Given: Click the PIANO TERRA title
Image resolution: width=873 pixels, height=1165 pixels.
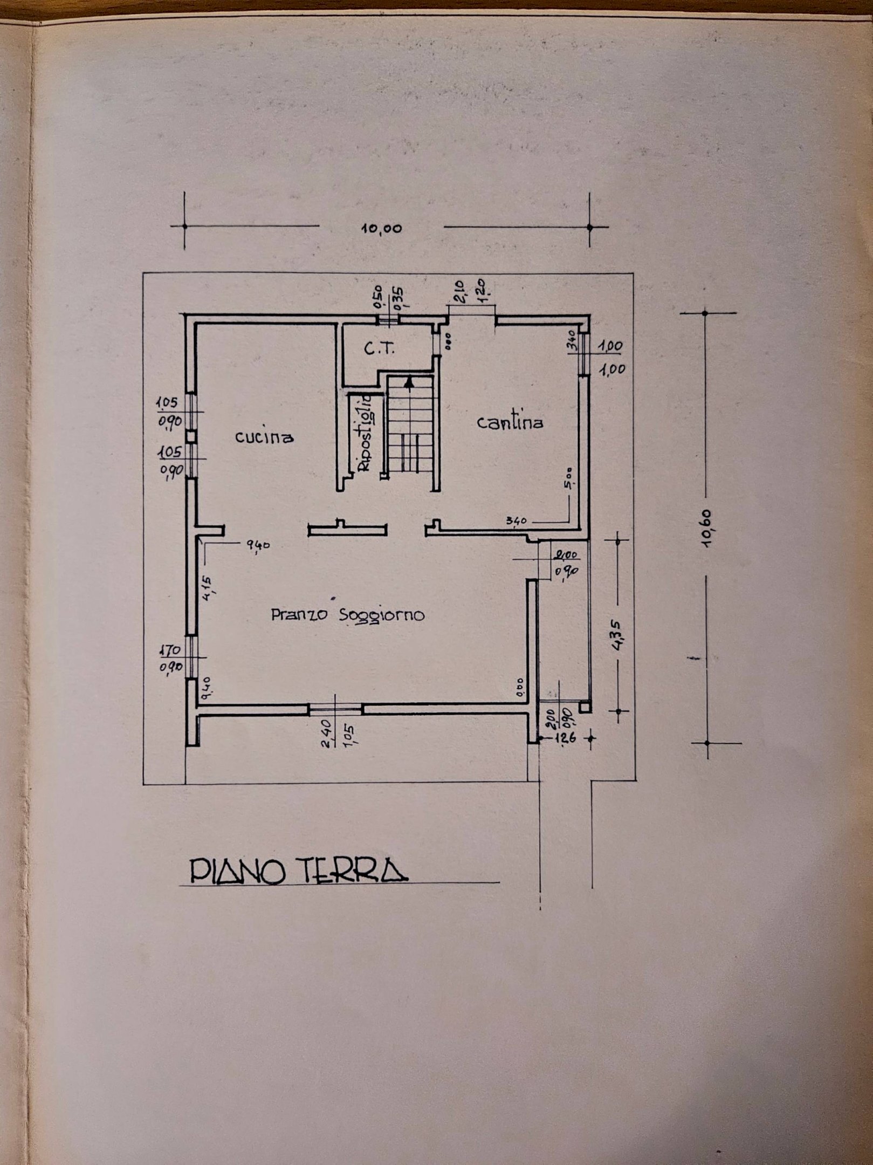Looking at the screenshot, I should [x=298, y=871].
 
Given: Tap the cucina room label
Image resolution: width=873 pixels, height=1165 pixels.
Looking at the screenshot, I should [x=264, y=436].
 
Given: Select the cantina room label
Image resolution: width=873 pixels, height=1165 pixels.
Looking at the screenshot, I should [x=510, y=422].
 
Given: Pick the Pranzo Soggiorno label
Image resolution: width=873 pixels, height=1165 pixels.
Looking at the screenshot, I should [x=347, y=614].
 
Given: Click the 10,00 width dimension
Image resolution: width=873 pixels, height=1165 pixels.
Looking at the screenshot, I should [x=381, y=228].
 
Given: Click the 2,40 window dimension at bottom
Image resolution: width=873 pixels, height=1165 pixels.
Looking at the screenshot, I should [x=326, y=732].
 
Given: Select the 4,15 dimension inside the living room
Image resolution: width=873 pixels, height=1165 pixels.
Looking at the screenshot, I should [x=210, y=585].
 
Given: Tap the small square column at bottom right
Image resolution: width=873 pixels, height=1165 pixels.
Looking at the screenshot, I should [x=585, y=707].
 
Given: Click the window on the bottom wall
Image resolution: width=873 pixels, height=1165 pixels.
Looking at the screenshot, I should [x=335, y=709].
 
